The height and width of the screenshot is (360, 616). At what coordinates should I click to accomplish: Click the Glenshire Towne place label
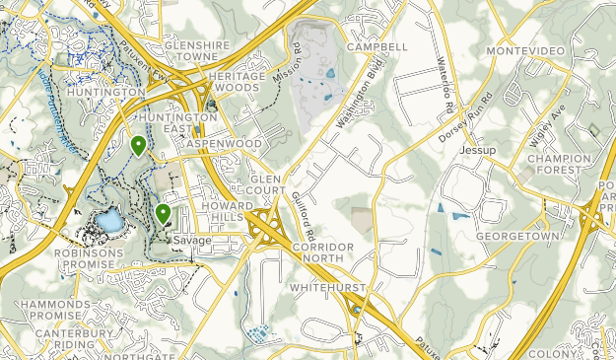[197, 51]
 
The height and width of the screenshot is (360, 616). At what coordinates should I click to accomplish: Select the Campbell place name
[376, 46]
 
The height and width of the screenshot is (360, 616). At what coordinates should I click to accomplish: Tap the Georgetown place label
[510, 238]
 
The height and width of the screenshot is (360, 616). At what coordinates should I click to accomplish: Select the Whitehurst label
[327, 288]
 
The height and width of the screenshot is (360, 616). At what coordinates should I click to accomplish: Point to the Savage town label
[191, 241]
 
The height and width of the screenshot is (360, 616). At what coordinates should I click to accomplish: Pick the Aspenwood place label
[229, 144]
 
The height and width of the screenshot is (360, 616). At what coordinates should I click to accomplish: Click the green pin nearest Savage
[163, 212]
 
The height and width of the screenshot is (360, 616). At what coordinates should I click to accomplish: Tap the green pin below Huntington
[139, 146]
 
